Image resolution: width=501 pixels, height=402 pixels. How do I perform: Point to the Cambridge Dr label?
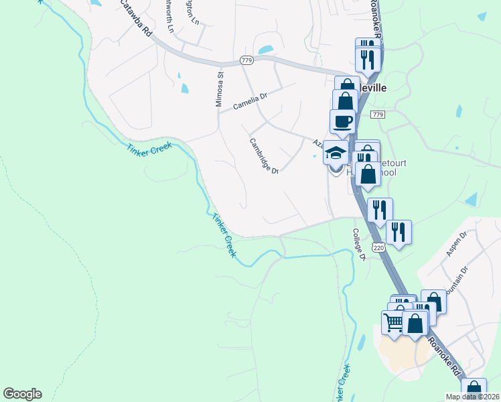pos(264,155)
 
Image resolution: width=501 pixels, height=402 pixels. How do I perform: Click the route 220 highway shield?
pos(379,247)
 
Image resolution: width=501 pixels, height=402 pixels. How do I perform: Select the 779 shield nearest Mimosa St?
pos(246,61)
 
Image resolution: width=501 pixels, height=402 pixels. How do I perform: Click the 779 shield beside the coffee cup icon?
pos(378,115)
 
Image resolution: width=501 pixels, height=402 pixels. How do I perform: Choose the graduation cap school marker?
pos(335,152)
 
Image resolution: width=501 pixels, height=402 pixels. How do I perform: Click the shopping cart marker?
pos(392,322)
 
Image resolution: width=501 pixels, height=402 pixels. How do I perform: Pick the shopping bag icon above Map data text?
pos(474,388)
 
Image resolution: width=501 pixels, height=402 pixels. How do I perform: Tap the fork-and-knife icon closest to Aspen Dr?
pos(399,232)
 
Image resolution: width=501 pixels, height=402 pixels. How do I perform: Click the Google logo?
pos(22,394)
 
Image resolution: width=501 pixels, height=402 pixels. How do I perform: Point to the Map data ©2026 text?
pos(472,397)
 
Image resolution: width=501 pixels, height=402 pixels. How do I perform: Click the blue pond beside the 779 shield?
pos(265,50)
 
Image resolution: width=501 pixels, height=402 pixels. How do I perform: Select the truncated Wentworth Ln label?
pos(171,17)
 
